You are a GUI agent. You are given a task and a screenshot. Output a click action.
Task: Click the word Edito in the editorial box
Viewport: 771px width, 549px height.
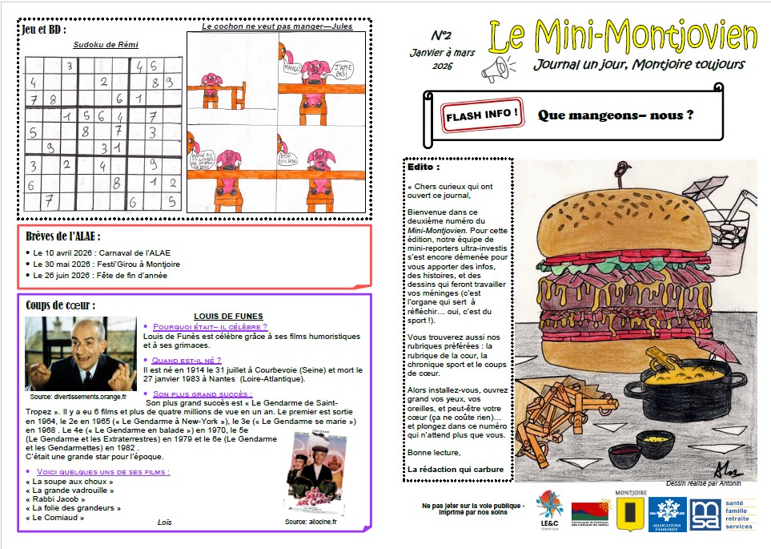click(424, 168)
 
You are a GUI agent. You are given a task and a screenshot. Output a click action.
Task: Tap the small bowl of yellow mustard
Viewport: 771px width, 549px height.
click(661, 438)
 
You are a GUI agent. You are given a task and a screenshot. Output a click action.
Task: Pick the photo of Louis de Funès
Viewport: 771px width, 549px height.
click(80, 353)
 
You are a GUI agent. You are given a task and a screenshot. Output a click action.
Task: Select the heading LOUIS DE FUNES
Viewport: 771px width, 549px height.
click(228, 316)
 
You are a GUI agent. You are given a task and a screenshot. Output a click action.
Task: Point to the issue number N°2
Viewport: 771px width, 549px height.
click(441, 36)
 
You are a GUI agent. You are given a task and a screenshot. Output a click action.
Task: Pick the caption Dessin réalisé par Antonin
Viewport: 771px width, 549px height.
click(704, 483)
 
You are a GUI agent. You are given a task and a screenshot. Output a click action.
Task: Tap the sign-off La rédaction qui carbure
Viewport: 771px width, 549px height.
click(455, 469)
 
